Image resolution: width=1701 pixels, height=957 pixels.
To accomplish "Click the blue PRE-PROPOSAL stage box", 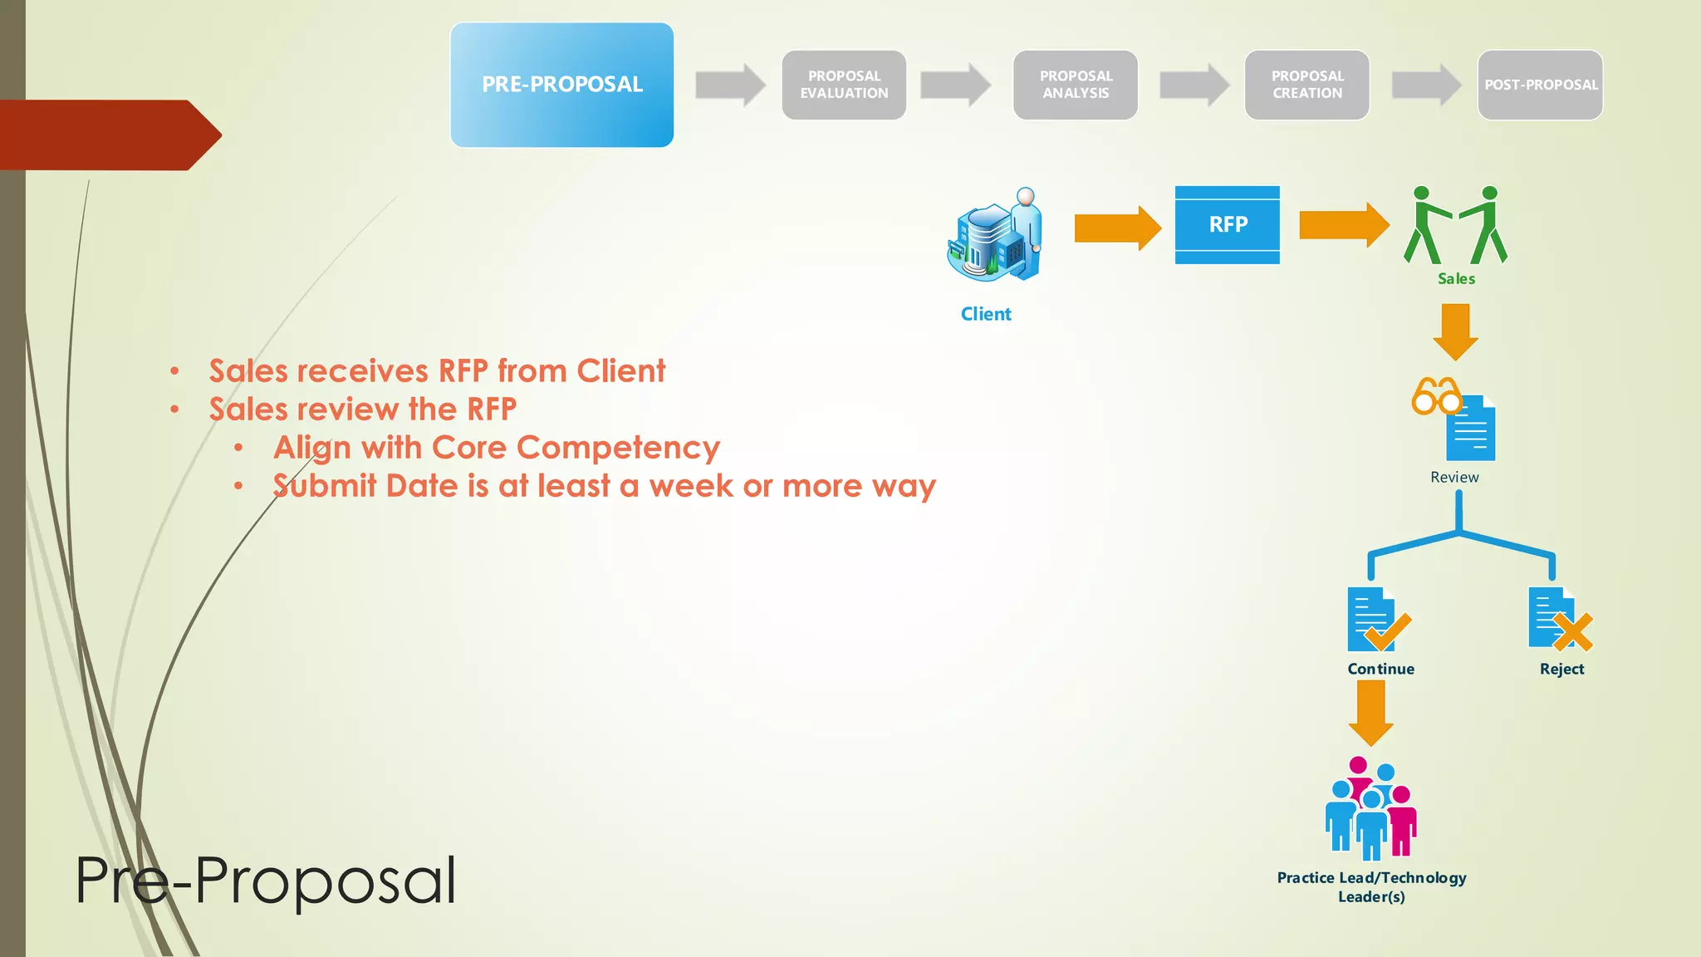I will coord(561,85).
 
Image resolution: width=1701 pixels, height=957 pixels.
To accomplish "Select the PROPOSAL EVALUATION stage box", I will coord(844,85).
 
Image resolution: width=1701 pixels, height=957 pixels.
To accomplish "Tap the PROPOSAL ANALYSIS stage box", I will coord(1075,85).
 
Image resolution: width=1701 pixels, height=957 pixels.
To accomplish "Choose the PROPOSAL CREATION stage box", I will coord(1306,85).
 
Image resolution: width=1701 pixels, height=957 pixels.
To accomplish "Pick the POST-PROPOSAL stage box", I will coord(1540,85).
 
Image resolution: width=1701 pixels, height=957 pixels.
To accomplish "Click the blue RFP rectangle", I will coord(1227,224).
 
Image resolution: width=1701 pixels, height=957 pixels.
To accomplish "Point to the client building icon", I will coord(993,235).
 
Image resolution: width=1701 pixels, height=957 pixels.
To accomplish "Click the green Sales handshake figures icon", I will coord(1455,225).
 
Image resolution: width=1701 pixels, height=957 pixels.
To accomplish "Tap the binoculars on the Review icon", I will coord(1436,395).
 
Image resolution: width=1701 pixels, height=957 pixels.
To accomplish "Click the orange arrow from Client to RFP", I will coord(1117,228).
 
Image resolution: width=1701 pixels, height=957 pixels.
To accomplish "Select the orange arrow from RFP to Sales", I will coord(1343,225).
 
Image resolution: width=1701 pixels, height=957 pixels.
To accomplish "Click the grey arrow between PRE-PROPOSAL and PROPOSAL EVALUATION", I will coord(729,85).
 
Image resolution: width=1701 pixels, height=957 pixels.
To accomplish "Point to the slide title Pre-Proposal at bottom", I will coord(266,881).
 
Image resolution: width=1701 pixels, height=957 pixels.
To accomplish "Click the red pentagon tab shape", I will coord(108,135).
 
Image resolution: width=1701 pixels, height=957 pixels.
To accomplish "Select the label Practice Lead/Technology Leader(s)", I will coord(1371,886).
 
